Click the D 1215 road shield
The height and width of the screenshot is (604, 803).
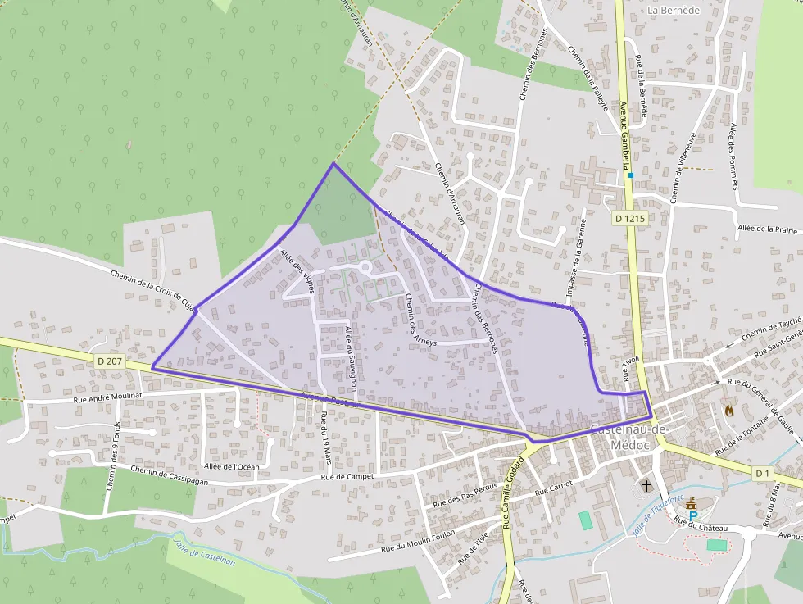(629, 218)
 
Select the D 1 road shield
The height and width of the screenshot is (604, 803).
(764, 474)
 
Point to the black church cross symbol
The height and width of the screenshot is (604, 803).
(646, 486)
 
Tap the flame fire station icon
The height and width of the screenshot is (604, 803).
(728, 409)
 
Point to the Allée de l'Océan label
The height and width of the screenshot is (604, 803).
(231, 466)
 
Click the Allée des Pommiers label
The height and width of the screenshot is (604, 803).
(734, 155)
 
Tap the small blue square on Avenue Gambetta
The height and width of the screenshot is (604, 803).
(631, 175)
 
